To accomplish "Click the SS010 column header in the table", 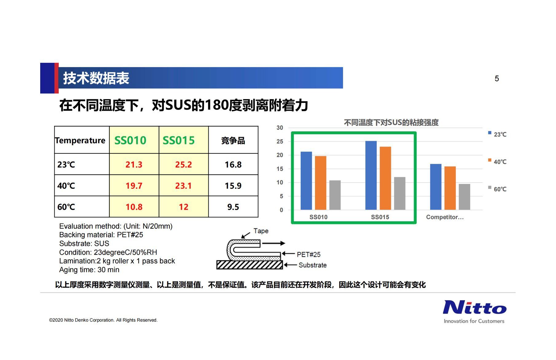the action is (130, 140).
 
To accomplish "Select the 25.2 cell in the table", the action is (183, 164).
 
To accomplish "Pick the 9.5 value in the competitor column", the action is (233, 207).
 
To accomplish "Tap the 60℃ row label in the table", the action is (66, 207).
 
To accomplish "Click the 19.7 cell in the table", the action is (134, 186).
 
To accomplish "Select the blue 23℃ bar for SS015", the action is (371, 175).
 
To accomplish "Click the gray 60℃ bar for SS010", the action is (335, 195).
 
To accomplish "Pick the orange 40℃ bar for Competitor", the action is (450, 188).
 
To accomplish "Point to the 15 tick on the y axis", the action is (280, 169).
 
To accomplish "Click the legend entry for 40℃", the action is (497, 162).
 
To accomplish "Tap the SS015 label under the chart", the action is (380, 217).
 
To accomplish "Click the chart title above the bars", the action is (391, 123).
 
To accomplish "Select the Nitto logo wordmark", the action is (475, 307).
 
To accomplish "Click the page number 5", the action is (497, 79).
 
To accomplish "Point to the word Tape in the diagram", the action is (261, 231).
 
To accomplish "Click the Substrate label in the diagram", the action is (312, 265).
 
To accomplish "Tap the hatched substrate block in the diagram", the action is (249, 265).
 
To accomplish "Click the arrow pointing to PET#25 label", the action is (288, 254).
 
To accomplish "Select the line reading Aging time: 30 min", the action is (89, 270).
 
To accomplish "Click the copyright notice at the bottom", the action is (103, 320).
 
